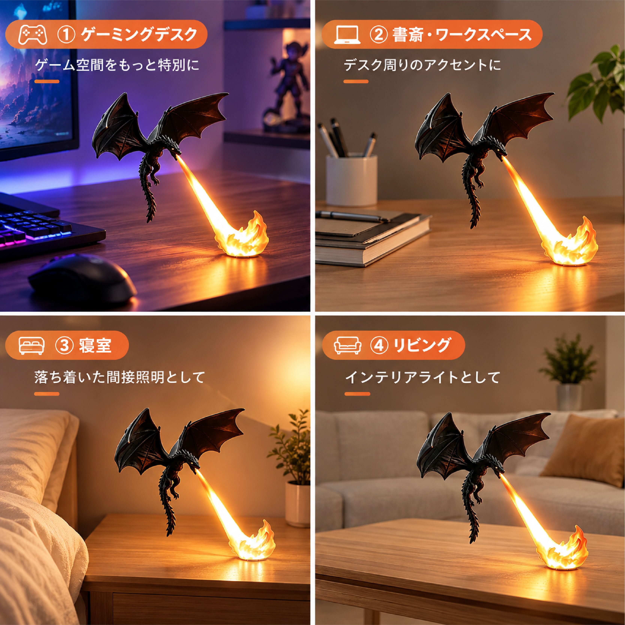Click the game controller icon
(x=33, y=35)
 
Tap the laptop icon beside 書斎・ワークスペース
(x=347, y=35)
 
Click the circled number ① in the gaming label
(x=66, y=35)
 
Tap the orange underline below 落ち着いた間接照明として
(x=47, y=394)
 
